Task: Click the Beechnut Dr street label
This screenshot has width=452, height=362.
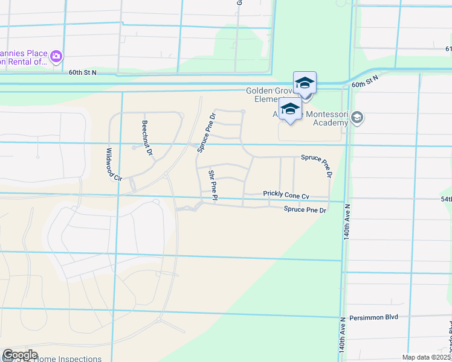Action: (146, 138)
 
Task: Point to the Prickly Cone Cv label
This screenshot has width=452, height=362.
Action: (286, 195)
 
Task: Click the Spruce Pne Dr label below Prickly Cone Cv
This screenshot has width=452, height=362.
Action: (305, 209)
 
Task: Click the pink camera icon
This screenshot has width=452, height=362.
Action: (56, 56)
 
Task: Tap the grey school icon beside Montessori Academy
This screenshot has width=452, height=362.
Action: (357, 117)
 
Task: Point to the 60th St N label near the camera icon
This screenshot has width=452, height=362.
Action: (82, 72)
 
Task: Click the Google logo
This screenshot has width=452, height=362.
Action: (20, 355)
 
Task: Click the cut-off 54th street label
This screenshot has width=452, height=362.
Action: (446, 198)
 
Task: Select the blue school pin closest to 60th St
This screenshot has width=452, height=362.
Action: (305, 83)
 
